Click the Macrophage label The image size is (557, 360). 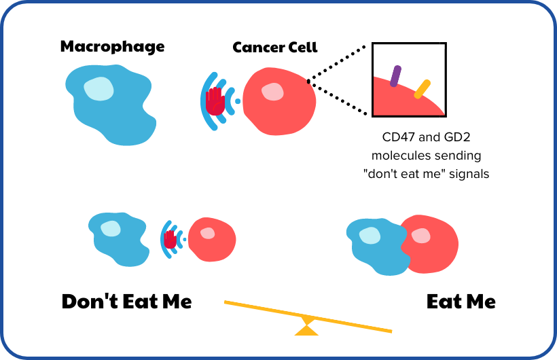coord(112,47)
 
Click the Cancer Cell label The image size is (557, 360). coord(275,48)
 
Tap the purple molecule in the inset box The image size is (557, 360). coord(395,76)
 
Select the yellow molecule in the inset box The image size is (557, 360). coord(423,89)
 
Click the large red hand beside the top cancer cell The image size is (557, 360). coord(216,101)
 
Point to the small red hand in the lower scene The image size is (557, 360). coord(170,238)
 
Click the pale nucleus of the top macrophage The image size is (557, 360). coord(99,88)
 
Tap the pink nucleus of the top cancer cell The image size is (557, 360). coord(273,92)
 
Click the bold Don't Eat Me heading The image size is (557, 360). coord(126,302)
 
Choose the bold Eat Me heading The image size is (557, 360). coord(461,302)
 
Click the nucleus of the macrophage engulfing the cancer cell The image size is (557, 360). coord(369,236)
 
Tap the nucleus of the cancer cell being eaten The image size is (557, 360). coord(421,236)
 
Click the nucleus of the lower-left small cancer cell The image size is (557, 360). coord(207,234)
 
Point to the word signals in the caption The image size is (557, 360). coord(468,173)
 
